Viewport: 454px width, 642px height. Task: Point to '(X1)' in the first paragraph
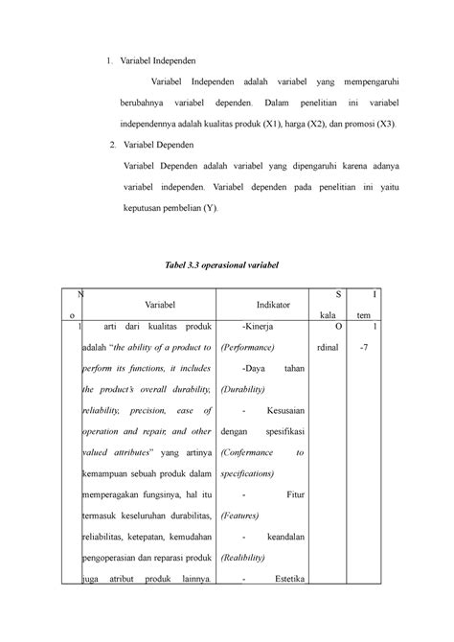point(273,124)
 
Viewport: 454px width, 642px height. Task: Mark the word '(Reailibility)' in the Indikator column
point(250,556)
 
